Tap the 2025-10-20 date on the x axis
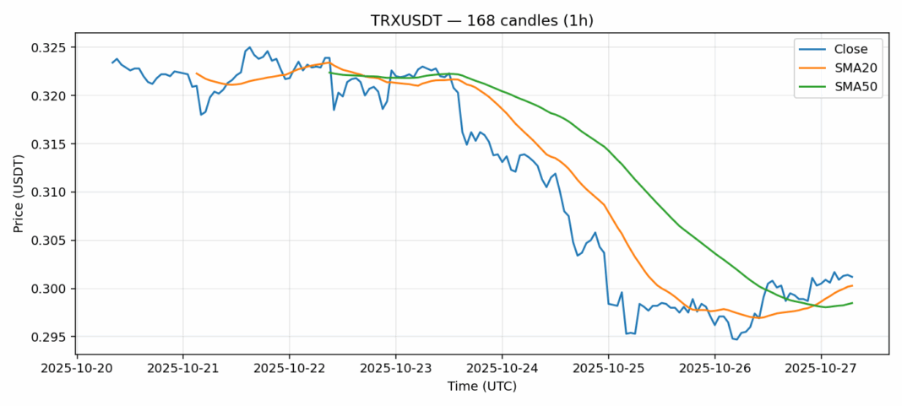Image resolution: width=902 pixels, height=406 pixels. tap(77, 368)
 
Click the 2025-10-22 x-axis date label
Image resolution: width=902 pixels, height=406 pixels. tap(289, 368)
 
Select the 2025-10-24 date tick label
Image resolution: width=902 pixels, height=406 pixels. tap(502, 368)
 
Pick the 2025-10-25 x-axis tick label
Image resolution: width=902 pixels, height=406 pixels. tap(608, 368)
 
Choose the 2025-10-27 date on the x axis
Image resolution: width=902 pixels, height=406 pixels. tap(820, 368)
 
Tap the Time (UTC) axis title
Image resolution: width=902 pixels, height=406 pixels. tap(481, 387)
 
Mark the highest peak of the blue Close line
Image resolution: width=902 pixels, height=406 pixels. tap(250, 47)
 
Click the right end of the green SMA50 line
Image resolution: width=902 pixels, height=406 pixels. tap(852, 303)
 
